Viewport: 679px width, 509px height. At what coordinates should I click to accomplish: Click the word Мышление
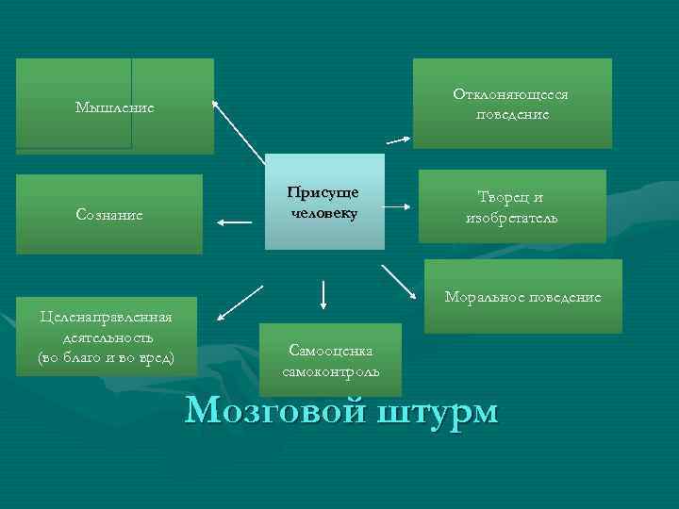[x=114, y=108]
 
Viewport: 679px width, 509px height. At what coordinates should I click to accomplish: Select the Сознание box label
[x=109, y=215]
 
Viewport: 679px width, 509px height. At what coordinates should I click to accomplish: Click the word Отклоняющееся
[x=510, y=95]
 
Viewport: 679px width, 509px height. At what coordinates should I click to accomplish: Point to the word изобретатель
[x=511, y=218]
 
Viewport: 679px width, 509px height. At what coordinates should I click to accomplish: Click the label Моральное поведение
[x=522, y=296]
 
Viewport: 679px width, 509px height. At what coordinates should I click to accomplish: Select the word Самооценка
[x=330, y=351]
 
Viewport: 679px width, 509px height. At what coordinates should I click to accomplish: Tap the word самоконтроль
[x=330, y=370]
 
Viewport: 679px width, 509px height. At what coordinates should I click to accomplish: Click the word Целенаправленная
[x=106, y=317]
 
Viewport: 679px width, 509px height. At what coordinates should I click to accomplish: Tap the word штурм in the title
[x=439, y=412]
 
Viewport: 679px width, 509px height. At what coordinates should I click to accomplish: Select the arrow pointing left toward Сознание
[x=234, y=222]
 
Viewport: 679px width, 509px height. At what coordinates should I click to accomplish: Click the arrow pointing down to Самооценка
[x=323, y=294]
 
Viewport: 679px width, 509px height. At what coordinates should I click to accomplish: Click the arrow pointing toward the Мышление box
[x=238, y=131]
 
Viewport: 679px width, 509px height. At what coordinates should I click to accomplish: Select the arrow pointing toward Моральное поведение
[x=402, y=282]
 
